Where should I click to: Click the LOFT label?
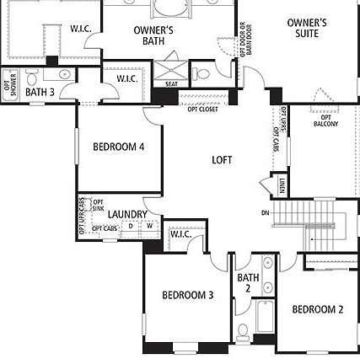[x=222, y=159]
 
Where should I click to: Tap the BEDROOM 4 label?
[x=118, y=147]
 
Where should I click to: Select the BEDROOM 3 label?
[x=187, y=295]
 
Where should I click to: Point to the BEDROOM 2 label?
[x=318, y=309]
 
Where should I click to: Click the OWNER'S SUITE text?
[x=307, y=28]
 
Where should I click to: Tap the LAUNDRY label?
[x=128, y=214]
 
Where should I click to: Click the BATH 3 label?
[x=40, y=92]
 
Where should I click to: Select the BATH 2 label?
[x=248, y=282]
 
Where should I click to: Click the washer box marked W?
[x=149, y=226]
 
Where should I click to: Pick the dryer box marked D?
[x=131, y=226]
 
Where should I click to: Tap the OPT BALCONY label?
[x=325, y=120]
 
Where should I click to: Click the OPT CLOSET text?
[x=203, y=109]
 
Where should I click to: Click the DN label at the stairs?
[x=266, y=212]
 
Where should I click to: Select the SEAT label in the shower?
[x=171, y=83]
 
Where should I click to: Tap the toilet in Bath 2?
[x=242, y=331]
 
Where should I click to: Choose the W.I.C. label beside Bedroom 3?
[x=180, y=234]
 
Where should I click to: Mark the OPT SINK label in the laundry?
[x=98, y=205]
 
